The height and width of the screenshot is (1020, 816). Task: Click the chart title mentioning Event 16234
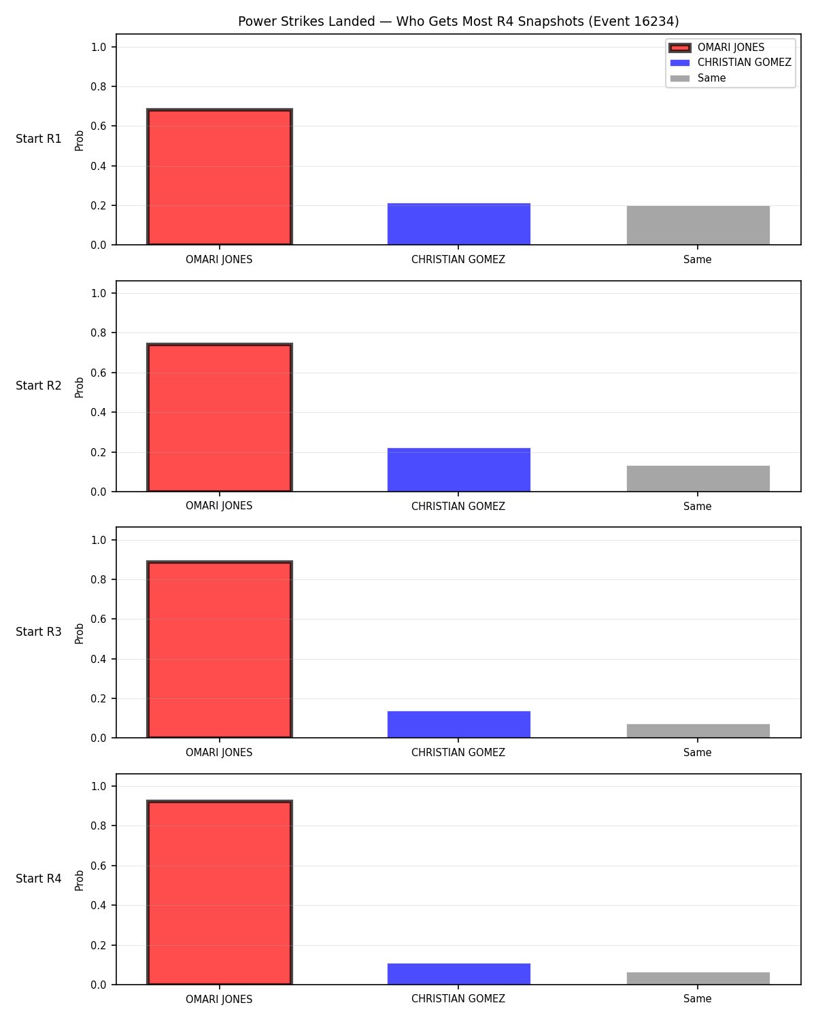458,21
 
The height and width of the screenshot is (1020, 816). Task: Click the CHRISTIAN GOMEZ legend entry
730,63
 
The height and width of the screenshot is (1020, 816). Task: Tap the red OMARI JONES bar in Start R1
220,177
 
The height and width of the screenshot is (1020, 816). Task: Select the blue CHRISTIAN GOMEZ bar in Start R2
458,470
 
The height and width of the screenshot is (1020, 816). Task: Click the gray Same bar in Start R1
698,225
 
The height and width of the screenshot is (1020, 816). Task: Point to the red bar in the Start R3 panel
220,649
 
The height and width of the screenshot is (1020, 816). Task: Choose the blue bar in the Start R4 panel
458,974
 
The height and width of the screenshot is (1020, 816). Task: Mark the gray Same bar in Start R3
698,731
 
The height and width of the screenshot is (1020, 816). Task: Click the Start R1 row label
38,139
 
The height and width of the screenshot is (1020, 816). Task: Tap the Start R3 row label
38,632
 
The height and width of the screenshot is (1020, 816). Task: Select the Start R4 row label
38,879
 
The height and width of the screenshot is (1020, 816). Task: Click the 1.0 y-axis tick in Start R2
99,293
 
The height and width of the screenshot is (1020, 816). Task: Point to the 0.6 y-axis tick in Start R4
99,866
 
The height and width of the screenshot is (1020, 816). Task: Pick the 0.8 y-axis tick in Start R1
99,87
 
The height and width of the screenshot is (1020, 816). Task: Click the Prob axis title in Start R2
79,388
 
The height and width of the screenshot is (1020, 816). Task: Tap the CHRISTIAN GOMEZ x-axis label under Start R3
458,753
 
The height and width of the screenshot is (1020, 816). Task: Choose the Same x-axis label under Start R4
698,999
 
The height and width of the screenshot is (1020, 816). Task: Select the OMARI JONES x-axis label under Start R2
219,506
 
